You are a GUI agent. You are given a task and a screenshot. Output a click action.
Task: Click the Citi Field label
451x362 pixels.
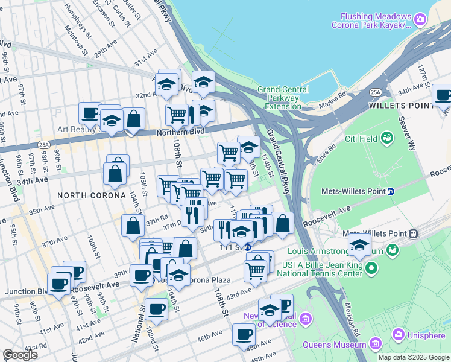tap(361, 139)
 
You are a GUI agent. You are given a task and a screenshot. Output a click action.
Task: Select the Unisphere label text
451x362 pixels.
tap(425, 334)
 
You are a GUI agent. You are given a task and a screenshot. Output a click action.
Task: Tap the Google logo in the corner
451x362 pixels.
tap(20, 354)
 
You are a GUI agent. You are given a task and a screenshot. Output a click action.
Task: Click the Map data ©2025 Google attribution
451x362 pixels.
tap(413, 357)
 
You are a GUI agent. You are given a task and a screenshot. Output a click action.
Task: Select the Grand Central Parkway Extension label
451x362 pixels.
tap(283, 98)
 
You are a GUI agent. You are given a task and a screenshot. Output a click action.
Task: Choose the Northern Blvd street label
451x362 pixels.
tap(181, 131)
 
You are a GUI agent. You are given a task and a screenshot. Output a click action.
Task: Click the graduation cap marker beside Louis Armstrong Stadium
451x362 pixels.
tap(359, 245)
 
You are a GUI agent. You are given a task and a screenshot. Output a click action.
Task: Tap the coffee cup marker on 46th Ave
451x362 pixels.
tap(244, 333)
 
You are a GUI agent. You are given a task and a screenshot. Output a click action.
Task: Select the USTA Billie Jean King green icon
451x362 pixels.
tap(371, 267)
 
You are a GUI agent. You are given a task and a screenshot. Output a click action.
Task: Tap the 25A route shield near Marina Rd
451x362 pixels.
tap(376, 92)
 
